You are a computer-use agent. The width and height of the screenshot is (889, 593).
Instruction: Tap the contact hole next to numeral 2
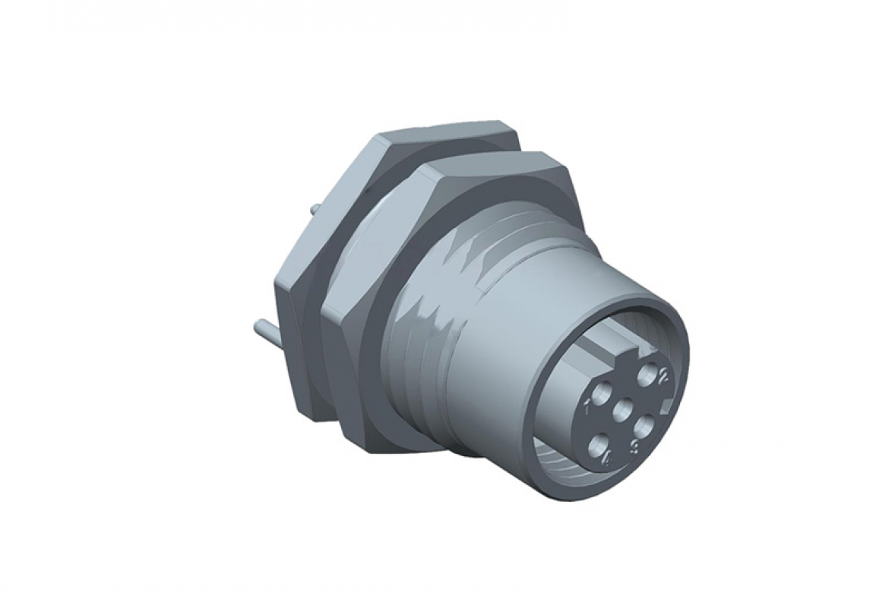tap(647, 372)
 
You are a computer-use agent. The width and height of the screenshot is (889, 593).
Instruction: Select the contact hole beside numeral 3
tap(643, 426)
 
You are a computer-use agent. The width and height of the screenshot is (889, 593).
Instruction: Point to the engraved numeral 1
tap(587, 405)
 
